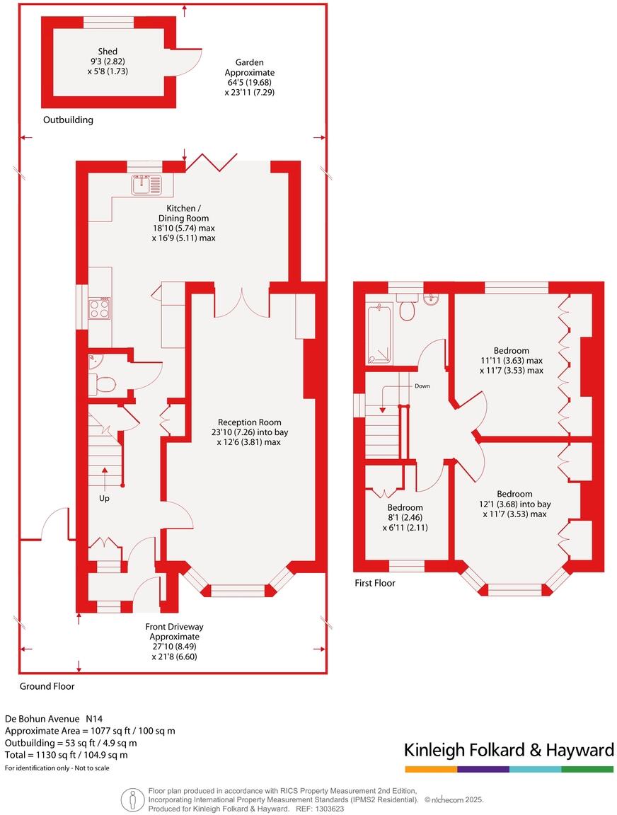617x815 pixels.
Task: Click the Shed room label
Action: pyautogui.click(x=108, y=52)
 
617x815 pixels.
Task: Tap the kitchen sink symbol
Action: pyautogui.click(x=146, y=185)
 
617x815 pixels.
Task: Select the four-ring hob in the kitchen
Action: pyautogui.click(x=99, y=308)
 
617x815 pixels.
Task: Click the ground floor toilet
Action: pyautogui.click(x=103, y=385)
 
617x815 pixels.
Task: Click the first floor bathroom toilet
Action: pyautogui.click(x=407, y=308)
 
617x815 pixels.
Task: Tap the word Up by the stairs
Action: pyautogui.click(x=104, y=499)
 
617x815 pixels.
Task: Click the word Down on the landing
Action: pyautogui.click(x=422, y=386)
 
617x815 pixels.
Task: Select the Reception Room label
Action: pyautogui.click(x=250, y=422)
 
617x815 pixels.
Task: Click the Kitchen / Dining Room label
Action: pyautogui.click(x=183, y=213)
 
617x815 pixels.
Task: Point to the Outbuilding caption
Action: pyautogui.click(x=68, y=120)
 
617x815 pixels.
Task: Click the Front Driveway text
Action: pyautogui.click(x=174, y=627)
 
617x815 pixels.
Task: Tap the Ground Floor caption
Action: pyautogui.click(x=47, y=686)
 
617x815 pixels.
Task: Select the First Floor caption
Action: pyautogui.click(x=375, y=583)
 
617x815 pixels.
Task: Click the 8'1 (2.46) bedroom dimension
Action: pyautogui.click(x=405, y=518)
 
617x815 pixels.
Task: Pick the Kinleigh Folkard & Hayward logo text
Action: pyautogui.click(x=509, y=750)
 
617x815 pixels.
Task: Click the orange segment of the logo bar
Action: pyautogui.click(x=431, y=769)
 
